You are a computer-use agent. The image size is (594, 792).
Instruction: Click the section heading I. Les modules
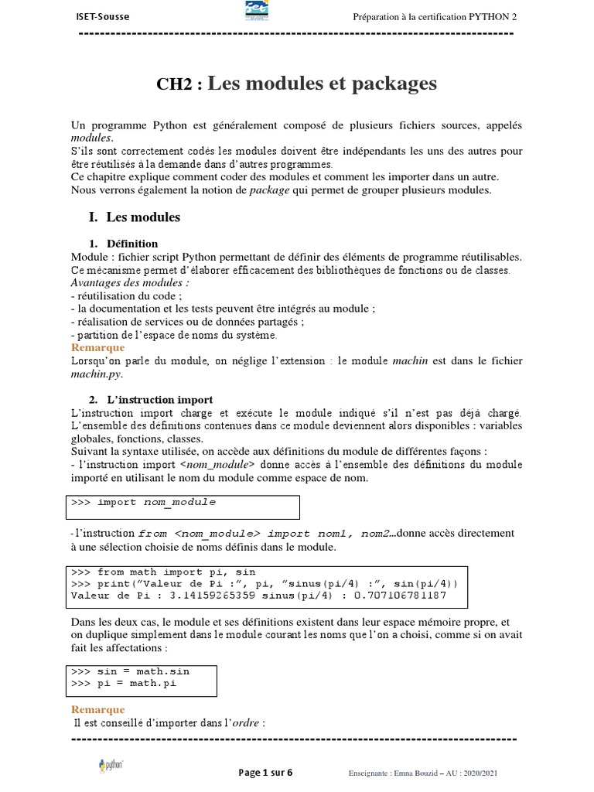(x=135, y=217)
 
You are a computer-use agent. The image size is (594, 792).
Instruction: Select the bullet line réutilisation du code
(x=128, y=296)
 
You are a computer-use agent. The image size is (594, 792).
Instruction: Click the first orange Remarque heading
(x=97, y=348)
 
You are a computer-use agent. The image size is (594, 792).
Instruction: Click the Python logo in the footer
(x=113, y=766)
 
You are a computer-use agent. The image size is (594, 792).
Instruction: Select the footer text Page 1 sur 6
(x=265, y=773)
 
